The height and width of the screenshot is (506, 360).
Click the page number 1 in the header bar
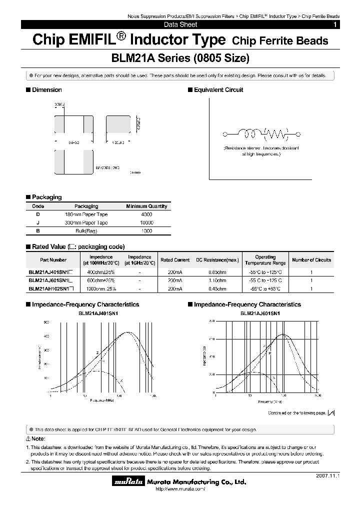335,24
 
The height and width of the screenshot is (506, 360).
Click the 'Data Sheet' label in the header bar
180,24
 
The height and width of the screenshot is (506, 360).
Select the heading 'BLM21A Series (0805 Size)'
180,58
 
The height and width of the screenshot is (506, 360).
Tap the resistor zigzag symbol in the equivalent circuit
276,133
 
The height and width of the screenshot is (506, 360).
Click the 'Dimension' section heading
46,90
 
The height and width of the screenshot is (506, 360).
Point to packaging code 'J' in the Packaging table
38,222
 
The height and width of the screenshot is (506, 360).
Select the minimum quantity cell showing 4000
146,214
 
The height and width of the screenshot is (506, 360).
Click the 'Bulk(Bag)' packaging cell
86,231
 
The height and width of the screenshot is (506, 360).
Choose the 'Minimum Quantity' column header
146,206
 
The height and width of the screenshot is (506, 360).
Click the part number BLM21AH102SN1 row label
51,288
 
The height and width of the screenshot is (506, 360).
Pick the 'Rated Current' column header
175,260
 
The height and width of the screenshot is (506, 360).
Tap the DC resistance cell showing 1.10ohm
217,280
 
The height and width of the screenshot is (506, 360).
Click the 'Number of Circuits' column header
311,260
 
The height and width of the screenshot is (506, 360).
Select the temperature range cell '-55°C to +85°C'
265,288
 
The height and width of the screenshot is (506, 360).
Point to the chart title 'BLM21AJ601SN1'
260,313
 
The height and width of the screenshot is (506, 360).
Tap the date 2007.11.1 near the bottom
327,476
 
